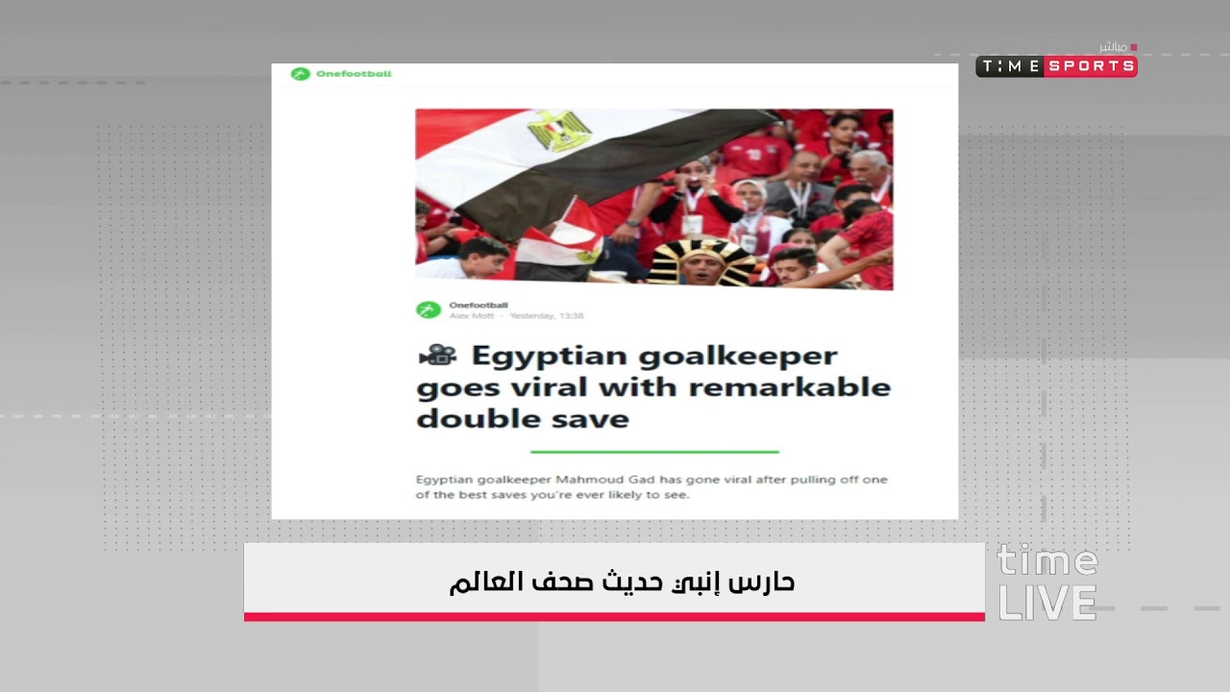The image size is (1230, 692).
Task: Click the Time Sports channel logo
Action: click(x=1056, y=66)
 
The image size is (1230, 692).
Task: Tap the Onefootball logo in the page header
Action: click(x=342, y=74)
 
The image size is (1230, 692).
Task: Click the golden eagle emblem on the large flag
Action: click(x=558, y=130)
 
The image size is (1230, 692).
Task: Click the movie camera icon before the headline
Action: click(x=437, y=356)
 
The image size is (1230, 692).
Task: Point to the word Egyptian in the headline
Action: click(x=549, y=357)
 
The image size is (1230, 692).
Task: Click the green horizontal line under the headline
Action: click(x=654, y=451)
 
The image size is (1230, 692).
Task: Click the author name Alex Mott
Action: click(x=470, y=316)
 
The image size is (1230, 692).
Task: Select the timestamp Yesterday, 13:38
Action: click(x=546, y=316)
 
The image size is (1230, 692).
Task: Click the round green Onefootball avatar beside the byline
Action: click(x=429, y=310)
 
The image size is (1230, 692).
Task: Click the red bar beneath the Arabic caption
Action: click(x=614, y=616)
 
